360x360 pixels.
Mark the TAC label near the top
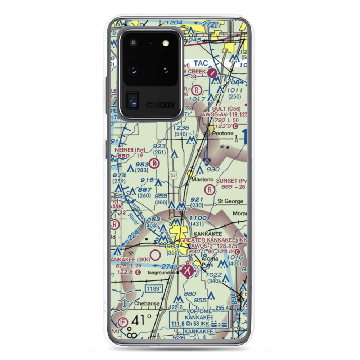tap(200, 63)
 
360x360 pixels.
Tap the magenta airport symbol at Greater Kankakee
tap(188, 270)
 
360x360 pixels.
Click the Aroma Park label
tap(207, 261)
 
